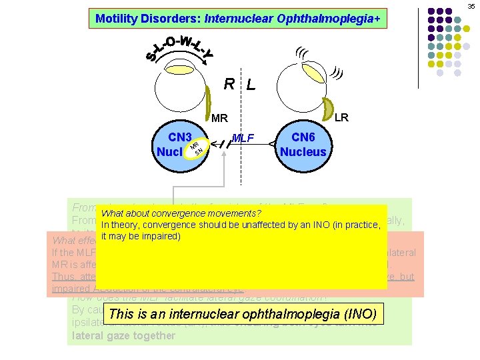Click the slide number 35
click(x=471, y=6)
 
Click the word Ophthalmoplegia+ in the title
click(x=337, y=19)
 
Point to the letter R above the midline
click(x=229, y=84)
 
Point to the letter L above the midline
click(x=250, y=85)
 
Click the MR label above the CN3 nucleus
click(x=220, y=119)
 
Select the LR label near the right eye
click(x=341, y=117)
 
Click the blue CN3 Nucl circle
click(x=179, y=144)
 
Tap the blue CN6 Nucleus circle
click(x=303, y=144)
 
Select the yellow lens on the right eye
click(x=328, y=107)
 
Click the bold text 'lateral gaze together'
click(x=123, y=335)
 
